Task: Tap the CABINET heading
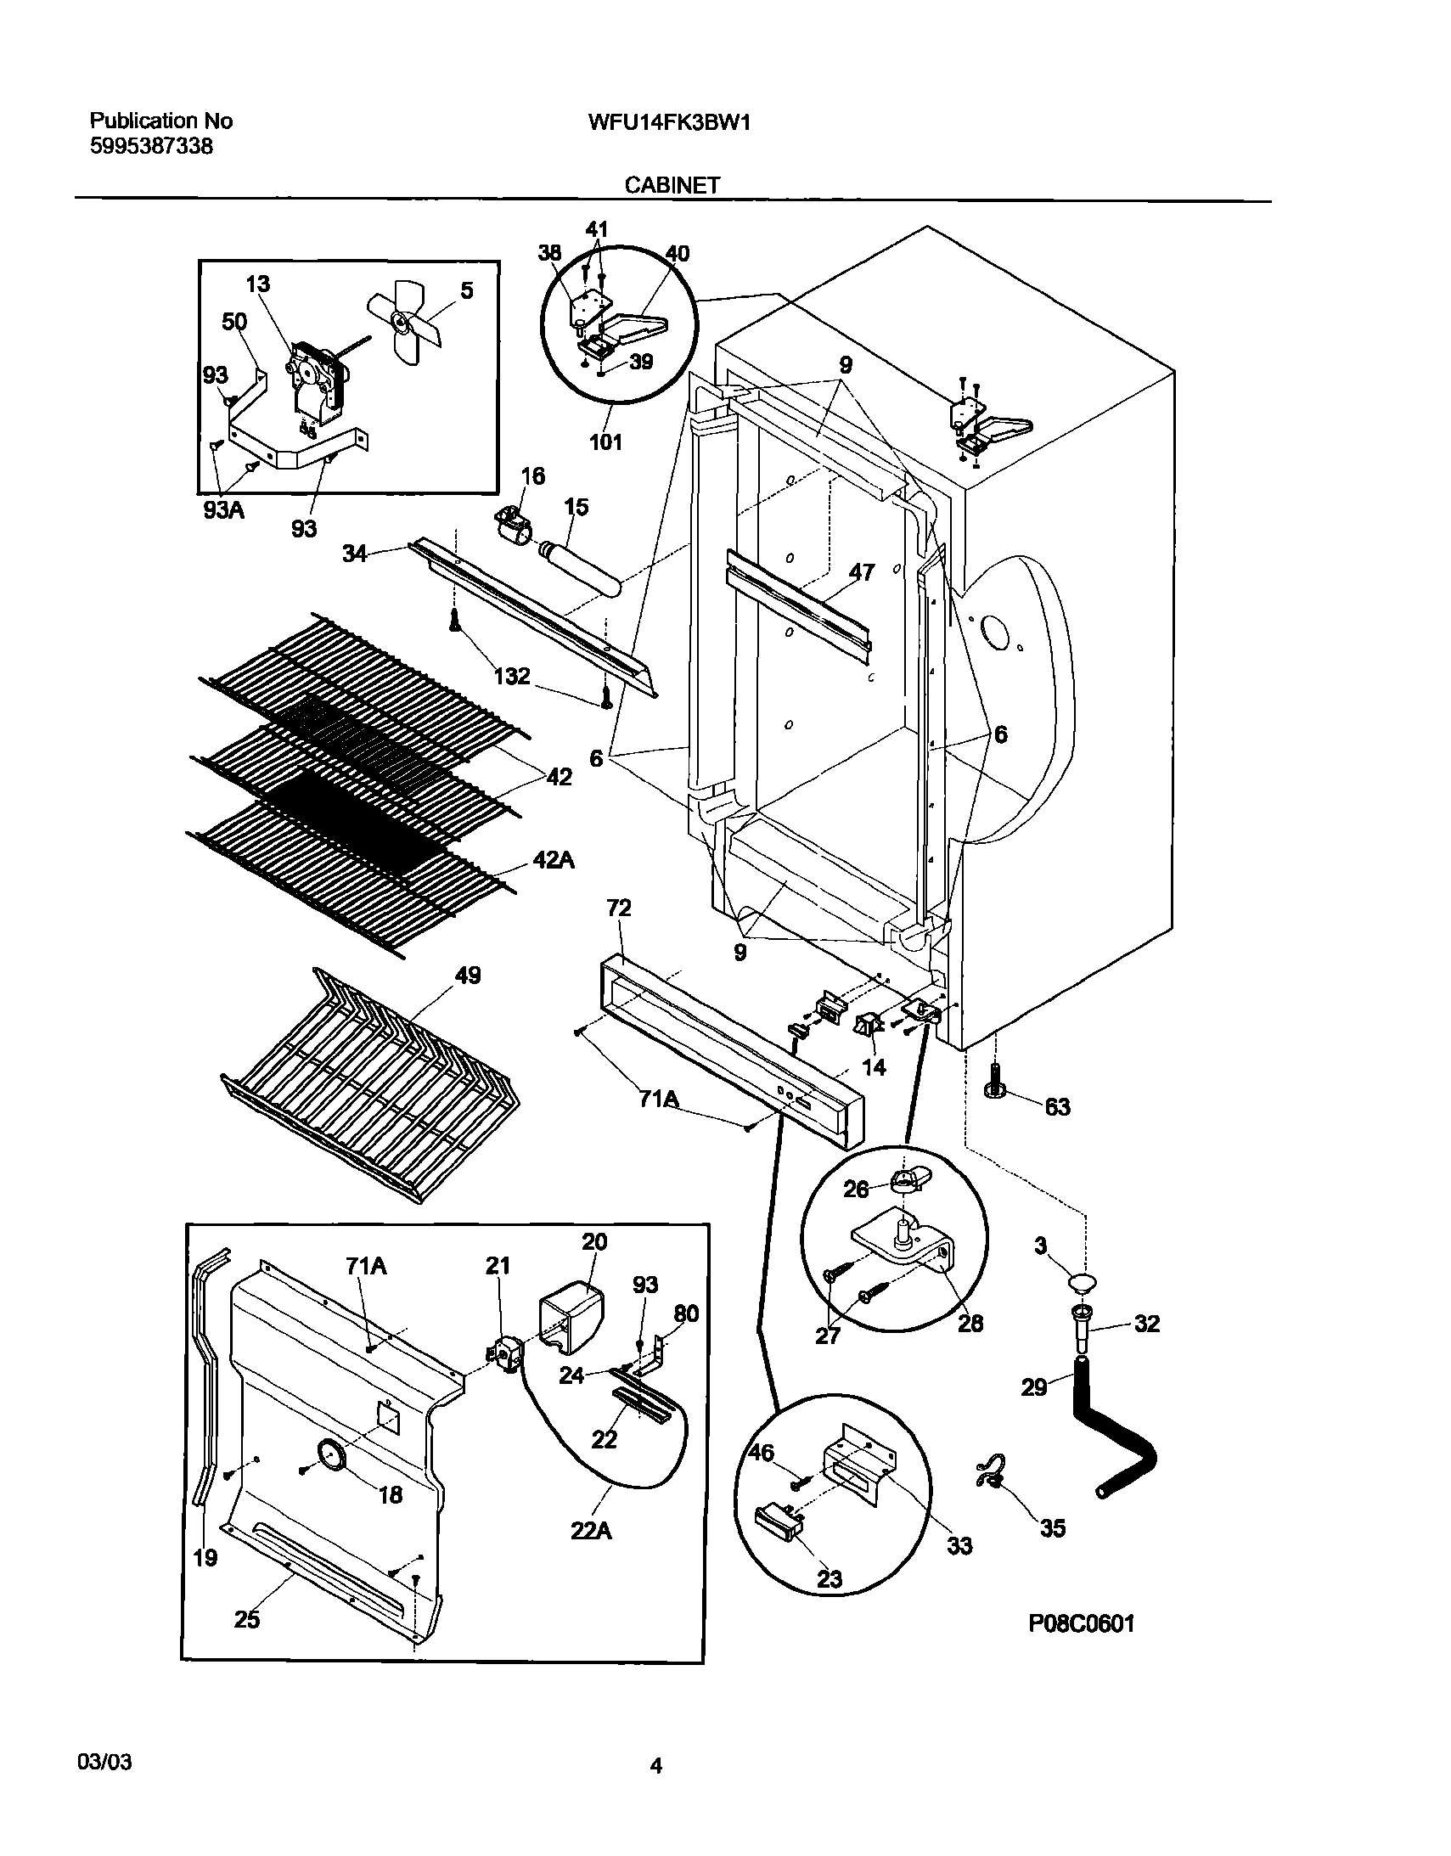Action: (x=672, y=185)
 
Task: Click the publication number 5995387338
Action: (x=151, y=147)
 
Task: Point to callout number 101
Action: (x=605, y=442)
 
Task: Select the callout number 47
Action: (x=861, y=572)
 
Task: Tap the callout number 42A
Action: (x=554, y=860)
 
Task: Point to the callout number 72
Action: (x=619, y=908)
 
